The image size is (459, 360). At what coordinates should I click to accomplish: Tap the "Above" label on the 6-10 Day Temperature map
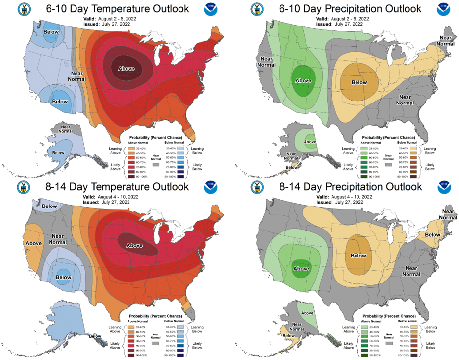point(126,68)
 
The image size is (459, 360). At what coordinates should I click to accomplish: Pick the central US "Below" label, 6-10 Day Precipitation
point(359,82)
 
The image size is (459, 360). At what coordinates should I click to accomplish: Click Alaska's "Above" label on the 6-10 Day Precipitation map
point(310,142)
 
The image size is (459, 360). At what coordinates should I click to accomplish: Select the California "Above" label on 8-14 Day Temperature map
point(33,243)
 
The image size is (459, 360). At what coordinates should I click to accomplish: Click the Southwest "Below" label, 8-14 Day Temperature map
point(63,277)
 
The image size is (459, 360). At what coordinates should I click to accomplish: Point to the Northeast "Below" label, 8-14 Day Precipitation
point(433,234)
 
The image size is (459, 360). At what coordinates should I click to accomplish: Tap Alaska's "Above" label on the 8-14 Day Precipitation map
point(307,313)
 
